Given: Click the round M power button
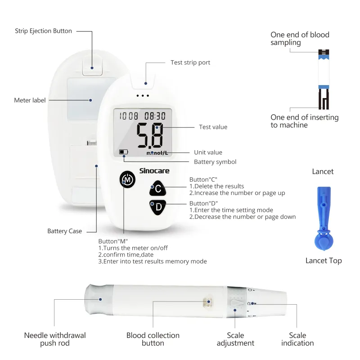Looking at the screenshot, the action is pyautogui.click(x=127, y=179).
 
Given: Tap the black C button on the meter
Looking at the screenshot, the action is pyautogui.click(x=158, y=189).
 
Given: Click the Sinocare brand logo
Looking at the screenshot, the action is pyautogui.click(x=154, y=171).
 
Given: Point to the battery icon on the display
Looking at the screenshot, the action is pyautogui.click(x=123, y=152).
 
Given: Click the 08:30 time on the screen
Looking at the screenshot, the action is pyautogui.click(x=155, y=116).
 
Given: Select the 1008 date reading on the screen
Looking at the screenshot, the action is pyautogui.click(x=129, y=116).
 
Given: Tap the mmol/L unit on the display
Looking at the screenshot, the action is pyautogui.click(x=157, y=153).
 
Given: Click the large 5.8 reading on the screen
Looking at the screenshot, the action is pyautogui.click(x=150, y=135).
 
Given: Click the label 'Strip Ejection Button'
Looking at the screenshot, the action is pyautogui.click(x=43, y=31).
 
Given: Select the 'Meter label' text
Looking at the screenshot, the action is pyautogui.click(x=30, y=100).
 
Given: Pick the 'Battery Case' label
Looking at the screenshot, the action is pyautogui.click(x=64, y=231).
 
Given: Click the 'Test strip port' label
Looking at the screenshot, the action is pyautogui.click(x=190, y=63).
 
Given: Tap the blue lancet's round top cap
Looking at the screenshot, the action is pyautogui.click(x=324, y=241).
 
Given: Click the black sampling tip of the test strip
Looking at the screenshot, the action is pyautogui.click(x=324, y=52).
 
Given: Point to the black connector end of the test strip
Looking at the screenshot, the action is pyautogui.click(x=324, y=99).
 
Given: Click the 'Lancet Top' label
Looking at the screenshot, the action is pyautogui.click(x=324, y=261).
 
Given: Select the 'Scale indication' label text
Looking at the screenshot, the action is pyautogui.click(x=297, y=339).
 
